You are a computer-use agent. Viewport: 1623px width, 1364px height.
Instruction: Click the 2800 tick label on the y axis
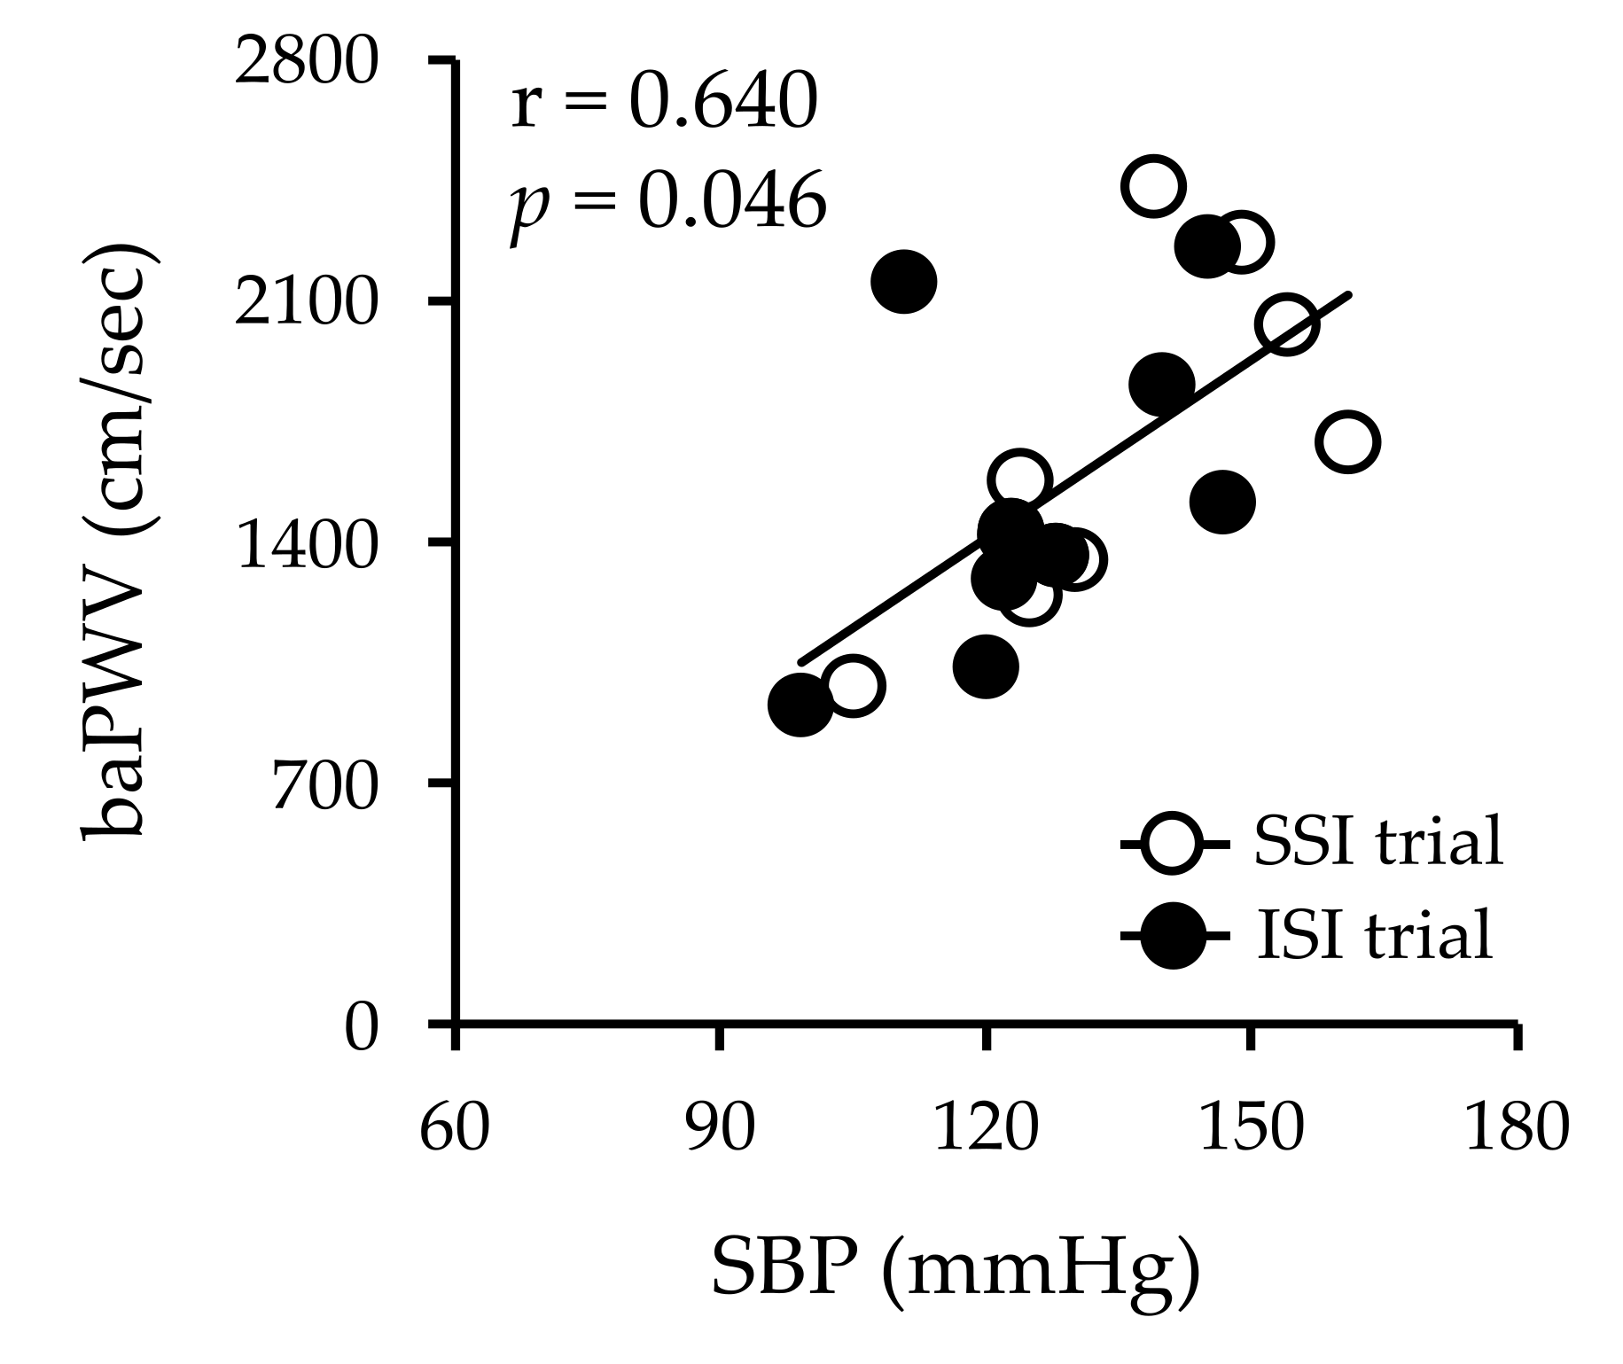pos(306,65)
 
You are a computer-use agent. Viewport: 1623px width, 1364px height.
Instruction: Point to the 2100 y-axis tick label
pos(306,305)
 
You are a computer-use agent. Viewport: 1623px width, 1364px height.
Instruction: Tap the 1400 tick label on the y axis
pos(306,547)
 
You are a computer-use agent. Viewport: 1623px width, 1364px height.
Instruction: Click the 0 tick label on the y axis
pos(361,1029)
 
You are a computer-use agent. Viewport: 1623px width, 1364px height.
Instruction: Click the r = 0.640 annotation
pos(663,103)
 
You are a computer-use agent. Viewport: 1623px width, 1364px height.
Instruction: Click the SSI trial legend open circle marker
pos(1172,842)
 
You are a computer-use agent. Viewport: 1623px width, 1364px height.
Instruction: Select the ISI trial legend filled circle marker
pos(1172,936)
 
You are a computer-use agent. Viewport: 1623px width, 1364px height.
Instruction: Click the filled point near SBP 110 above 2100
pos(903,281)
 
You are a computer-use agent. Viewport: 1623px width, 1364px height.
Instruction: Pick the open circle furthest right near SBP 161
pos(1347,441)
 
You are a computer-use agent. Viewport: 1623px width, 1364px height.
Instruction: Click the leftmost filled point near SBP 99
pos(800,705)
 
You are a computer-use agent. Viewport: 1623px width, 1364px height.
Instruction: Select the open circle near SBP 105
pos(852,685)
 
